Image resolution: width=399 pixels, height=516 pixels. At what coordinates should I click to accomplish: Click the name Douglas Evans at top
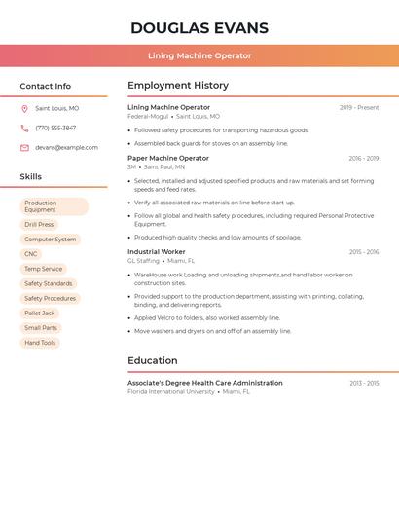(199, 28)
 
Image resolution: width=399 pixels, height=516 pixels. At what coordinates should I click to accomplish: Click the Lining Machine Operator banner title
(199, 55)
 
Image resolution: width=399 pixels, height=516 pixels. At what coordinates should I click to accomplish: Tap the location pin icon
(24, 108)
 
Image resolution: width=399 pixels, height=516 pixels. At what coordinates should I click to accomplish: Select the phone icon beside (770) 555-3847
(24, 128)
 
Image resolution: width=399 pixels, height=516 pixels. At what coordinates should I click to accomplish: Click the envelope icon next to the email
(24, 148)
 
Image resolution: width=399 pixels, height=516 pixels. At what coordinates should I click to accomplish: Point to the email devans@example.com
(66, 148)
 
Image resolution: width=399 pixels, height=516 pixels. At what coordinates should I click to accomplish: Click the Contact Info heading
(45, 86)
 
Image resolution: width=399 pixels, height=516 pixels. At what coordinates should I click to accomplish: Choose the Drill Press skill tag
(39, 224)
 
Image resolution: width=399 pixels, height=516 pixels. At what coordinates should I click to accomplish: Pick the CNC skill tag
(31, 254)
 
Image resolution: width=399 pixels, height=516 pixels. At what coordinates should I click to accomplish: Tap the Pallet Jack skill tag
(40, 313)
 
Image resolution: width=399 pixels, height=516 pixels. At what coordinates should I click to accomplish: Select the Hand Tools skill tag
(40, 343)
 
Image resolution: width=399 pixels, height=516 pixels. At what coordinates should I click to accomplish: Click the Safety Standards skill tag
(48, 283)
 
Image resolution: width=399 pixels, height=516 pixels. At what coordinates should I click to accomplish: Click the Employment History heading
(178, 86)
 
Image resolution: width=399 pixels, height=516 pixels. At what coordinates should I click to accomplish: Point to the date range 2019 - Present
(359, 108)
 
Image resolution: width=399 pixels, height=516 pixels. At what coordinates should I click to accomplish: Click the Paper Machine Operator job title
(168, 158)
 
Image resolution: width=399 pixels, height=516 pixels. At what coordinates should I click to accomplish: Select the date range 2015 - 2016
(364, 252)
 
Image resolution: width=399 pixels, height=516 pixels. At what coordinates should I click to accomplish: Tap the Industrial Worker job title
(156, 252)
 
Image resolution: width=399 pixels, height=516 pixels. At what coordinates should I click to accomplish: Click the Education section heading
(152, 360)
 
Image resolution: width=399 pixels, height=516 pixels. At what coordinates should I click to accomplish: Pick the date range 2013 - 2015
(364, 383)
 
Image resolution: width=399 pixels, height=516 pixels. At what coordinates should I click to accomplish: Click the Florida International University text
(170, 391)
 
